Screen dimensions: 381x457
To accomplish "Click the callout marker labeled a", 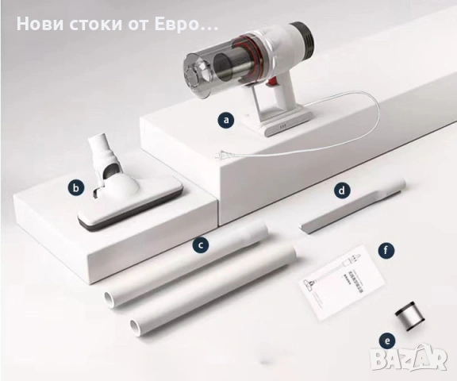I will [x=228, y=120].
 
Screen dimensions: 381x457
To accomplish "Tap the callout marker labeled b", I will [x=75, y=188].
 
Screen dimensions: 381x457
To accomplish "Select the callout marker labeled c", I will [x=202, y=245].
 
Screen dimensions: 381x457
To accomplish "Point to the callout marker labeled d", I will [x=341, y=190].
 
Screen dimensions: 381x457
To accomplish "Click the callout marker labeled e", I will [x=386, y=341].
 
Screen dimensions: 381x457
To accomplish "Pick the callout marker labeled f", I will [x=386, y=251].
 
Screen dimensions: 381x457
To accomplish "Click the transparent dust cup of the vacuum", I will [x=210, y=67].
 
